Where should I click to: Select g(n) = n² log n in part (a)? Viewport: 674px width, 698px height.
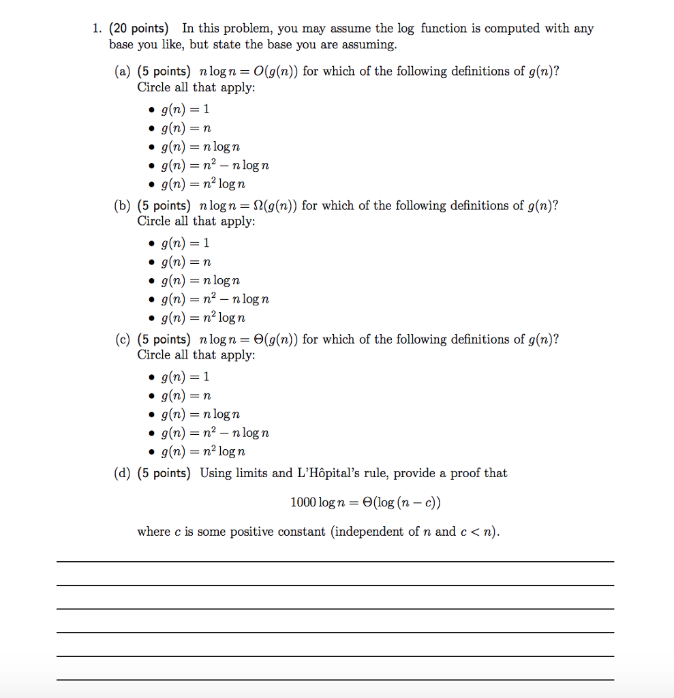[203, 184]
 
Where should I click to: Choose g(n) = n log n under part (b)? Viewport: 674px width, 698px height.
[200, 280]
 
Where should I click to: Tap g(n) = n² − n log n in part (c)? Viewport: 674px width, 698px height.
[215, 433]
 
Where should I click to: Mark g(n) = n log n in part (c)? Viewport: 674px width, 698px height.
[200, 414]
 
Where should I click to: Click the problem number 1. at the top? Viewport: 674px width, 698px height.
[97, 29]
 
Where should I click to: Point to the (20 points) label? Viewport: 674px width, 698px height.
[139, 29]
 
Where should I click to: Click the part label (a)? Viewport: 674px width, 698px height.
[122, 72]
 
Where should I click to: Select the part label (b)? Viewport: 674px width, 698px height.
[122, 206]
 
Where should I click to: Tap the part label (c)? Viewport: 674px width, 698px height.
[122, 339]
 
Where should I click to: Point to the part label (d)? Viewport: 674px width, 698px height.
[122, 473]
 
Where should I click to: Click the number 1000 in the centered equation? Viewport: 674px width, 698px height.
[303, 503]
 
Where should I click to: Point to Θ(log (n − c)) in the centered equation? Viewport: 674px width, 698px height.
[402, 503]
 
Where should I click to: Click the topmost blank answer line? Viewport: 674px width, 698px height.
[335, 561]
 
